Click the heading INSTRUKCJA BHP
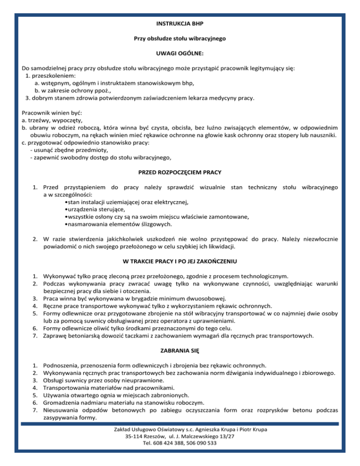[x=180, y=23]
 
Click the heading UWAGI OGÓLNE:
[x=180, y=54]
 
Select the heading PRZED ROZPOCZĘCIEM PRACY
[x=180, y=172]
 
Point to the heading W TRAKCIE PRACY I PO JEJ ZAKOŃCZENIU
[x=180, y=261]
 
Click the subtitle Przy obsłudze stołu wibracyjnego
[x=180, y=38]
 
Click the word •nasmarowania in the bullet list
[x=86, y=225]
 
